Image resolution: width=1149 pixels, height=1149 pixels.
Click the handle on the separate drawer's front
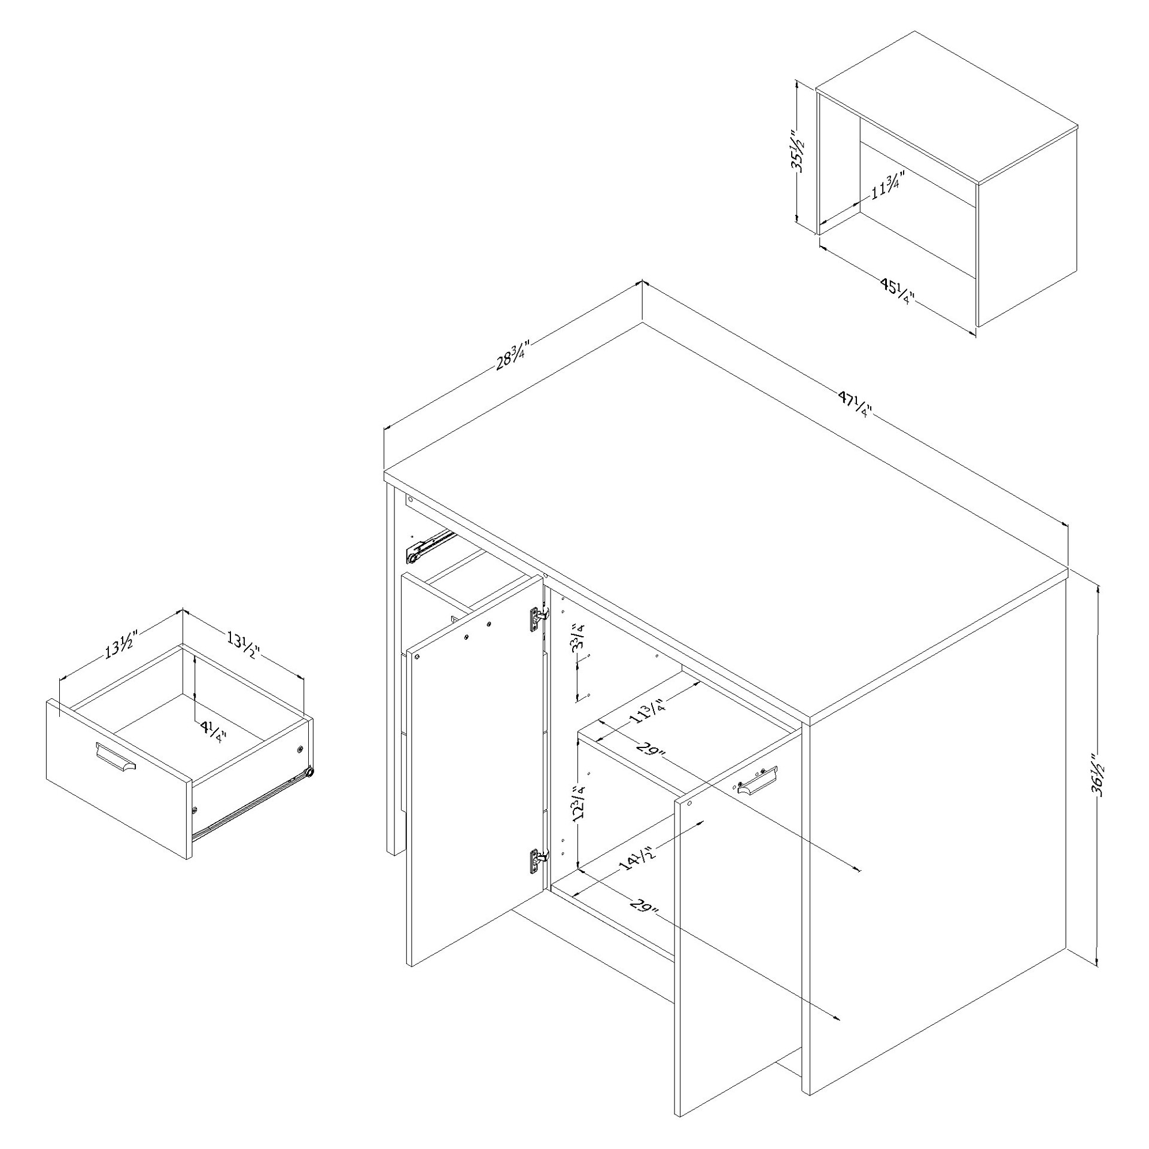tap(115, 757)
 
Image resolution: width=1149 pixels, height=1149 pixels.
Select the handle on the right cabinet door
tap(756, 781)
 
